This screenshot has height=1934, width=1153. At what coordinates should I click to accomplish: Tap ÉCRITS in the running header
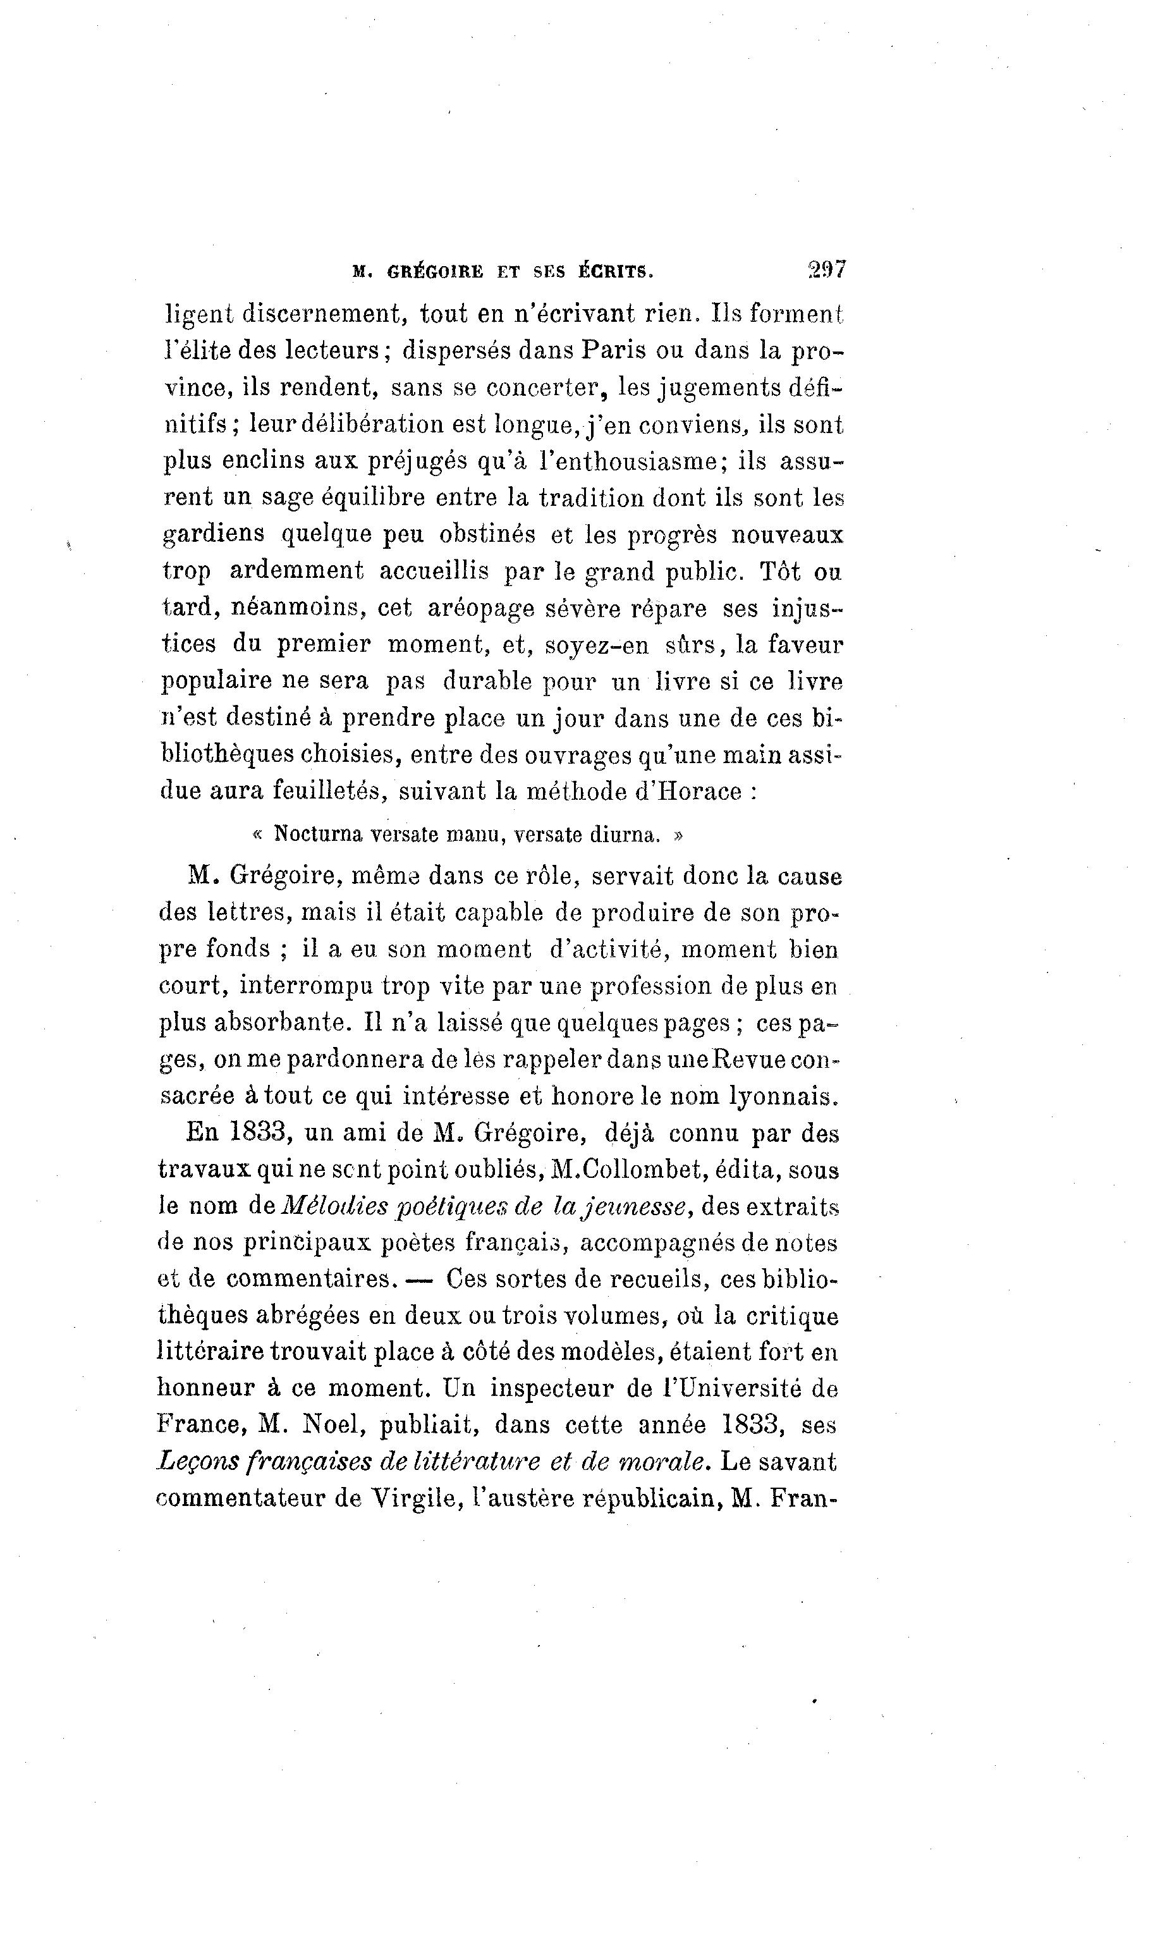tap(615, 271)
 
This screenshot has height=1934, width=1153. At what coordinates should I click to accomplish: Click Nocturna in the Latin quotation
tap(319, 835)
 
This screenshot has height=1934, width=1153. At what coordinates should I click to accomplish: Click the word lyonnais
tap(784, 1096)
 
